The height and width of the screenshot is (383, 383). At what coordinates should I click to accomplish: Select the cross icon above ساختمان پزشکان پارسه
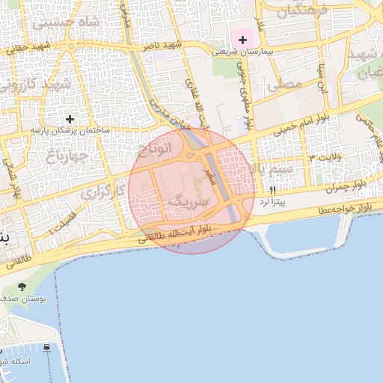pyautogui.click(x=70, y=118)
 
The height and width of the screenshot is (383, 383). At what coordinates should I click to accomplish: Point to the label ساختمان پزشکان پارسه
pyautogui.click(x=70, y=130)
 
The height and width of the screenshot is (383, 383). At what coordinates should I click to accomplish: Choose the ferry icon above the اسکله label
pyautogui.click(x=47, y=348)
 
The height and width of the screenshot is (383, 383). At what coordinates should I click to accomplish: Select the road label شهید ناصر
pyautogui.click(x=162, y=48)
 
